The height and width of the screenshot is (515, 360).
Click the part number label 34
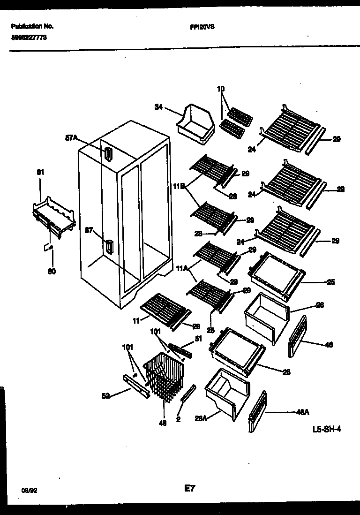point(158,107)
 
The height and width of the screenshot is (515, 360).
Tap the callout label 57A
point(71,138)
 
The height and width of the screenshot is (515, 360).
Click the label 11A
point(182,268)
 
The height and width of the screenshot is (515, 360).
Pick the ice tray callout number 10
point(221,89)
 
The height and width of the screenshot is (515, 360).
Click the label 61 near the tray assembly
point(40,172)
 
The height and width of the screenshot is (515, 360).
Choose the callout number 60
point(52,272)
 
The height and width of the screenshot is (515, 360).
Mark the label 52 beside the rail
point(106,396)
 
